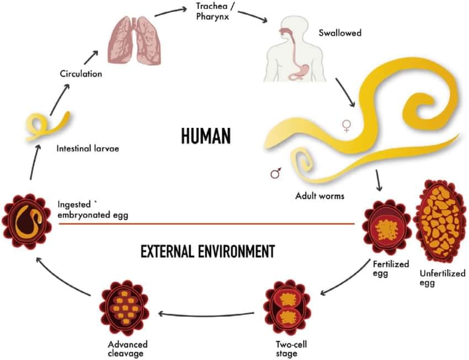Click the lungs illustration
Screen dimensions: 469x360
[135, 40]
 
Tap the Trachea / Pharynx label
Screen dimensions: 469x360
[212, 11]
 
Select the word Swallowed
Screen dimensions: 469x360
[340, 33]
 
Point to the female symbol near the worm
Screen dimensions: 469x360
[347, 126]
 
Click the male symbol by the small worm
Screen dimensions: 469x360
[275, 173]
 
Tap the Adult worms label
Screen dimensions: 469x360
[319, 196]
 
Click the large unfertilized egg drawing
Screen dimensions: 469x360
[440, 222]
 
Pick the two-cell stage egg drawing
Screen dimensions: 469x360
[287, 308]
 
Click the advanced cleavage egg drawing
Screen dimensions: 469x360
[124, 308]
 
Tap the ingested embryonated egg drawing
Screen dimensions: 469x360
[26, 222]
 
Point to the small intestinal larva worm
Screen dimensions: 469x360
[47, 126]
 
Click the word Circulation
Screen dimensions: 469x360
[81, 74]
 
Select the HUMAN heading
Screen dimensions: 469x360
[206, 136]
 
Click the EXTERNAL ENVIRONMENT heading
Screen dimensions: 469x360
[207, 251]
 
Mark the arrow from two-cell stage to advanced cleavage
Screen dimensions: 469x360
[206, 315]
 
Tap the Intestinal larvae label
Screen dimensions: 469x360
[88, 148]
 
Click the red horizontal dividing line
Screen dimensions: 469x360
[207, 223]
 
